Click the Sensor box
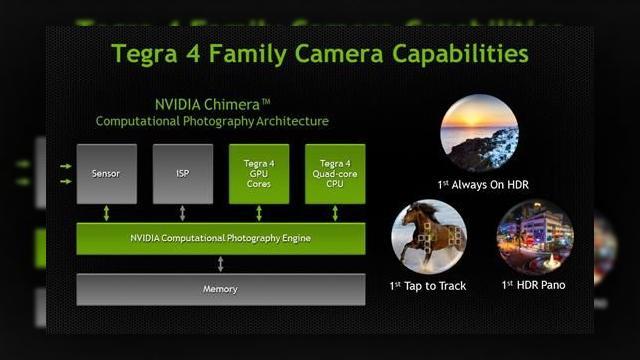click(106, 174)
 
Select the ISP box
click(182, 174)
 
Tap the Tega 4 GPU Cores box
click(259, 174)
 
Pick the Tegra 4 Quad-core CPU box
click(335, 174)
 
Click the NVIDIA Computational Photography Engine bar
click(220, 238)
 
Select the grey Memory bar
click(220, 289)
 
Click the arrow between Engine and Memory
click(221, 264)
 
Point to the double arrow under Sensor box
click(106, 213)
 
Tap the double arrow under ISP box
click(182, 213)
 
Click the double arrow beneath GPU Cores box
click(259, 213)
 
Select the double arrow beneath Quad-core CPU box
click(335, 213)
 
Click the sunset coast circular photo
click(479, 134)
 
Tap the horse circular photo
click(429, 237)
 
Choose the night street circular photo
click(534, 237)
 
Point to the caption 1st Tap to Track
click(428, 286)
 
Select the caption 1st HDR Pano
click(534, 286)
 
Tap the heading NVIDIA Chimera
click(212, 103)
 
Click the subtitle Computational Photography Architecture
click(212, 121)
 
